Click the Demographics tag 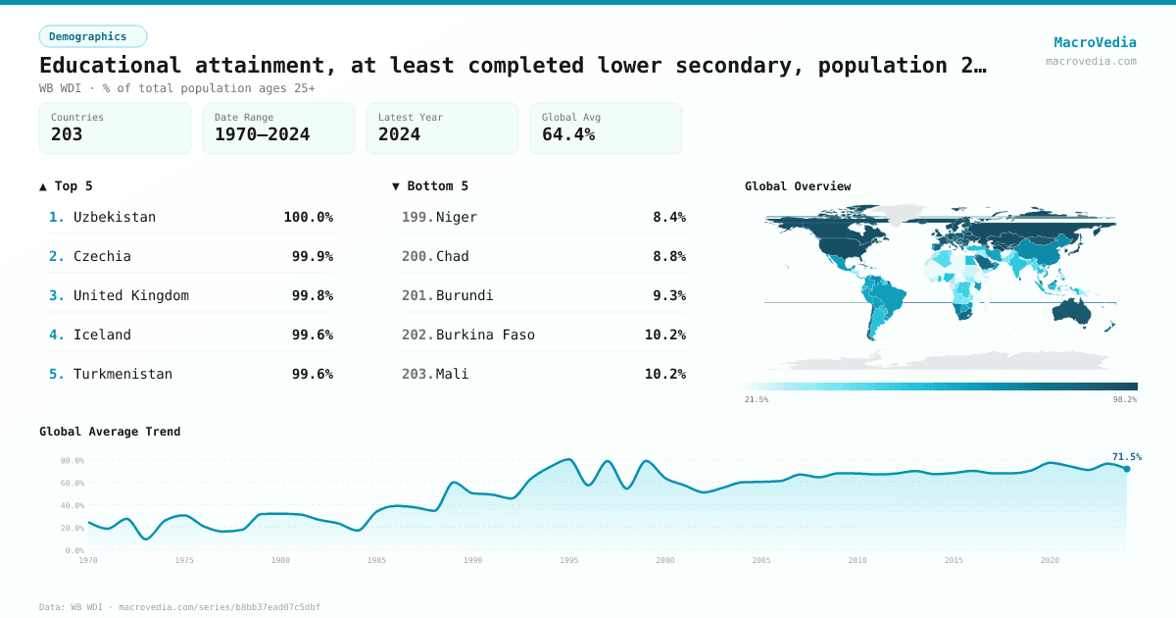pyautogui.click(x=92, y=36)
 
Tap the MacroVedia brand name pyautogui.click(x=1095, y=42)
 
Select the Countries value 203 pyautogui.click(x=67, y=134)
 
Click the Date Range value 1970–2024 pyautogui.click(x=262, y=134)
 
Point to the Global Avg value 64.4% pyautogui.click(x=568, y=134)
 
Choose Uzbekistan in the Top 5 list pyautogui.click(x=115, y=217)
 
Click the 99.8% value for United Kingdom pyautogui.click(x=312, y=295)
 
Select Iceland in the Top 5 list pyautogui.click(x=102, y=335)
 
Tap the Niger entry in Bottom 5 pyautogui.click(x=457, y=217)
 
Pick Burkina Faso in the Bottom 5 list pyautogui.click(x=485, y=335)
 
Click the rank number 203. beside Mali pyautogui.click(x=416, y=374)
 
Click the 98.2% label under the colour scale pyautogui.click(x=1124, y=399)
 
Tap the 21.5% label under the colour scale pyautogui.click(x=757, y=399)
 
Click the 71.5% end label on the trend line pyautogui.click(x=1126, y=456)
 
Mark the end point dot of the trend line pyautogui.click(x=1127, y=469)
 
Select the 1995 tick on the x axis pyautogui.click(x=569, y=560)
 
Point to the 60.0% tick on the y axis pyautogui.click(x=73, y=483)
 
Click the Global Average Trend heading pyautogui.click(x=110, y=432)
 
